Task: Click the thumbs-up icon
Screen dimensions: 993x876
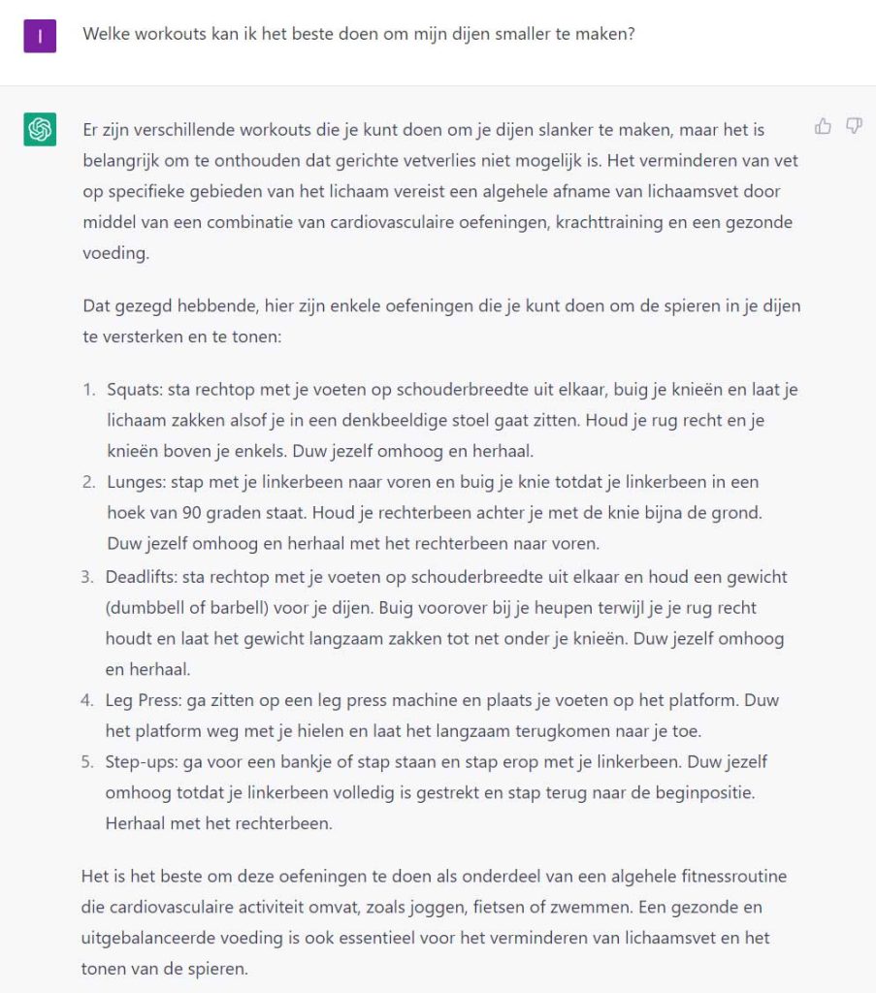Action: coord(824,126)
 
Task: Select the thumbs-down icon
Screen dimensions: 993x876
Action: coord(854,126)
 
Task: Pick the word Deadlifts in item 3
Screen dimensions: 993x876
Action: coord(139,577)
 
